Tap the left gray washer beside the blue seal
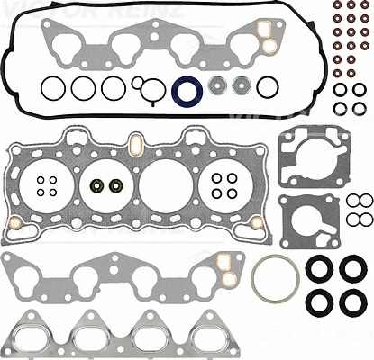click(x=218, y=88)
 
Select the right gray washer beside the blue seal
click(x=242, y=88)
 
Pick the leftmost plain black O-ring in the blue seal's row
click(x=52, y=88)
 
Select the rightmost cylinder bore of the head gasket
click(x=223, y=186)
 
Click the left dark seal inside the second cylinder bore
click(x=96, y=187)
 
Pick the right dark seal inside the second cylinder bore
click(x=114, y=187)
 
